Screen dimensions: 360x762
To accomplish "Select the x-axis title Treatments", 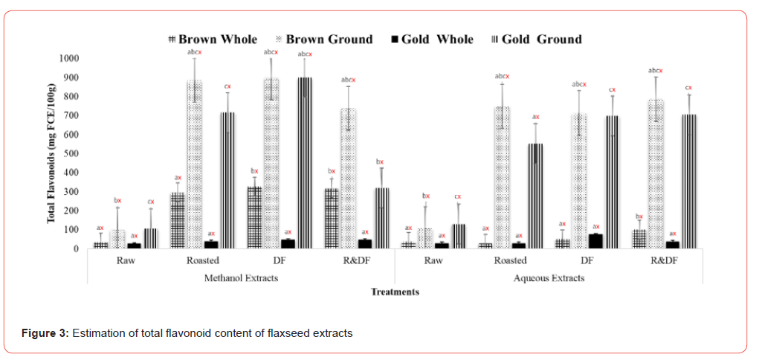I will point(395,292).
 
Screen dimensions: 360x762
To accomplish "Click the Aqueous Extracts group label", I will point(549,277).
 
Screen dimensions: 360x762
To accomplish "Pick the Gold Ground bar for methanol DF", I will point(304,163).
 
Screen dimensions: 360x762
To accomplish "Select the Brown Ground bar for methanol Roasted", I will point(194,164).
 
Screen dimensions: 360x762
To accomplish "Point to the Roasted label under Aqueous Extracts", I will point(510,260).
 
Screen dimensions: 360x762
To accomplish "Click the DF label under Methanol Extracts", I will point(279,260).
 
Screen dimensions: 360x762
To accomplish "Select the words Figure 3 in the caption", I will point(44,332).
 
